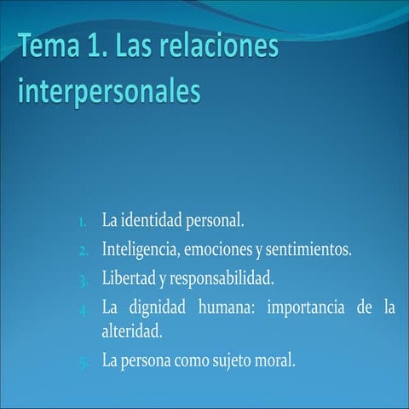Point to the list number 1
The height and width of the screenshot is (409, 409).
click(83, 222)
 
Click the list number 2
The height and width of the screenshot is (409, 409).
click(84, 251)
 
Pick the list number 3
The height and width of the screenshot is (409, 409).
click(84, 279)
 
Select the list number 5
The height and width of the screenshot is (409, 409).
click(84, 360)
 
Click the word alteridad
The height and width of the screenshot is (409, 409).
click(131, 330)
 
